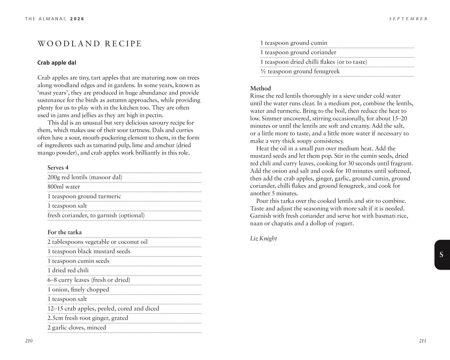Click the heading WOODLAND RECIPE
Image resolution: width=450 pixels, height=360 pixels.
[x=89, y=44]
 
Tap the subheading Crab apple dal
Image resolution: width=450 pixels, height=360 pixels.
[x=57, y=63]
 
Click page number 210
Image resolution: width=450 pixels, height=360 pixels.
[x=29, y=341]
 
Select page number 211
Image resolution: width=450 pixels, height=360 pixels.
[x=423, y=341]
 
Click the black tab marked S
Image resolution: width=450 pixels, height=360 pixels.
[x=441, y=255]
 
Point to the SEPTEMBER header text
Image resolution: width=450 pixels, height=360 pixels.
[x=408, y=19]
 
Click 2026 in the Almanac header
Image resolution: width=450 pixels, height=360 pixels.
[x=77, y=19]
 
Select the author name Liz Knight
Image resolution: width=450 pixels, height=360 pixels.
[x=263, y=238]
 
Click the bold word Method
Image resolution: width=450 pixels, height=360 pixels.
[x=260, y=88]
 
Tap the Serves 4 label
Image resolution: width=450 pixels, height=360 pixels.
[x=58, y=168]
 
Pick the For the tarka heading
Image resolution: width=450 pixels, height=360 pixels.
[x=64, y=232]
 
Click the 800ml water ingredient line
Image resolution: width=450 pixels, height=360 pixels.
[x=64, y=187]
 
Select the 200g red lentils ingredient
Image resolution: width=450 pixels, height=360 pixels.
[x=85, y=177]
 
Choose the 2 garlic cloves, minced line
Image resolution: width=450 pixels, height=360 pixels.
[x=77, y=327]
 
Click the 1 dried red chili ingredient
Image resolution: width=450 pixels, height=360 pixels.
[x=68, y=270]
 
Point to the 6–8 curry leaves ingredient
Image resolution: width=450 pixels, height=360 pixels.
[x=89, y=280]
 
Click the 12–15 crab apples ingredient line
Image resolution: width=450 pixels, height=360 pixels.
[x=103, y=308]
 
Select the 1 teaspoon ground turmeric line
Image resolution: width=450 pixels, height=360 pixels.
[x=84, y=196]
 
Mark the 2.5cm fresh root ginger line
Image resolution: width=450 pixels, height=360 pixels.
[x=88, y=318]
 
